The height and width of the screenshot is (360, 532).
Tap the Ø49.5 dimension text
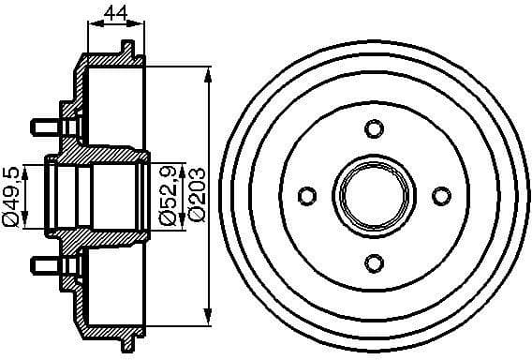point(12,196)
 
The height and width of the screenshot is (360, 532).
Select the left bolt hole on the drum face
point(306,195)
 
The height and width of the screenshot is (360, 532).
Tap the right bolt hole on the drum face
point(439,195)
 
